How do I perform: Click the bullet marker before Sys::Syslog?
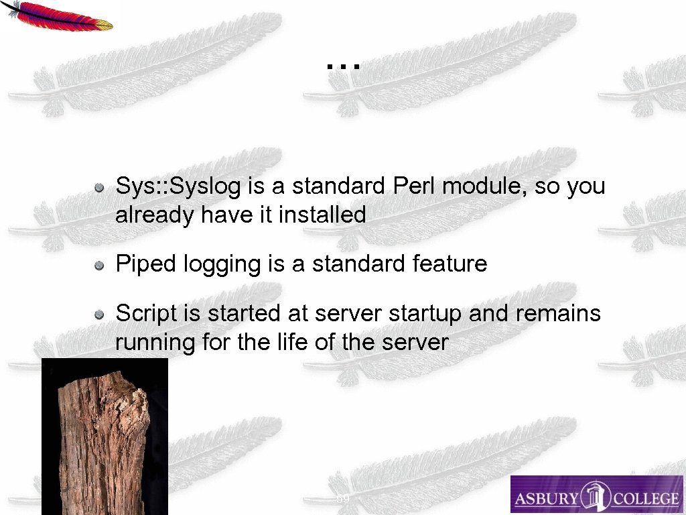click(99, 187)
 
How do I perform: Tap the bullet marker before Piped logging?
click(99, 266)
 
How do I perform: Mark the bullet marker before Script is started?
click(99, 314)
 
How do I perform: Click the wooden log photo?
click(105, 436)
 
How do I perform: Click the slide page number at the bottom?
click(342, 500)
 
